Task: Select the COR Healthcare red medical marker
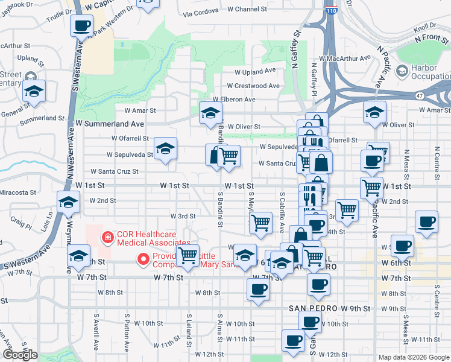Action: pyautogui.click(x=108, y=238)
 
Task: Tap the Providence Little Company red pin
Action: pyautogui.click(x=143, y=259)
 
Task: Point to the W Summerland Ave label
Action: pyautogui.click(x=110, y=123)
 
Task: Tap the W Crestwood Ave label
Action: pyautogui.click(x=253, y=86)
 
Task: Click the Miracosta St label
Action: pyautogui.click(x=19, y=192)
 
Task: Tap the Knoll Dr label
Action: pyautogui.click(x=424, y=26)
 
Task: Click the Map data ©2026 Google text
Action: pyautogui.click(x=414, y=357)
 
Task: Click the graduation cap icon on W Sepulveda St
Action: pyautogui.click(x=165, y=148)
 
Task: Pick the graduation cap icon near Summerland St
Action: pyautogui.click(x=34, y=91)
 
